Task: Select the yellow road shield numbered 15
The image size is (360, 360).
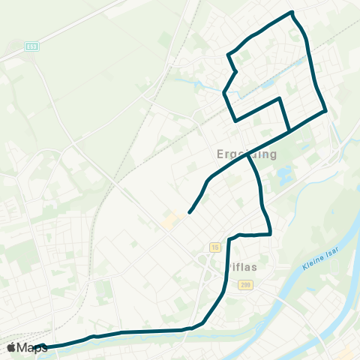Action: (215, 247)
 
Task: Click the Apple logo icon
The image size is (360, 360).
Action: (10, 347)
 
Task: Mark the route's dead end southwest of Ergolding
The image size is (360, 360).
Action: (189, 212)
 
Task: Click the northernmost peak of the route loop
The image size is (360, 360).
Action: (292, 12)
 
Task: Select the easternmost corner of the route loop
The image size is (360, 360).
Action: (326, 112)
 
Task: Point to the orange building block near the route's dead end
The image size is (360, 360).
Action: (170, 220)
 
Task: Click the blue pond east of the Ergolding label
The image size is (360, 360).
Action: (286, 178)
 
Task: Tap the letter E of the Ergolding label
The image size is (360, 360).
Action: (220, 154)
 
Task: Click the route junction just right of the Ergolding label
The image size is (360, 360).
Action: (247, 153)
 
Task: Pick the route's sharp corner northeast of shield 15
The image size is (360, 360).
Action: (269, 234)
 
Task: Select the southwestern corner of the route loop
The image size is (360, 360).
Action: (235, 120)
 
